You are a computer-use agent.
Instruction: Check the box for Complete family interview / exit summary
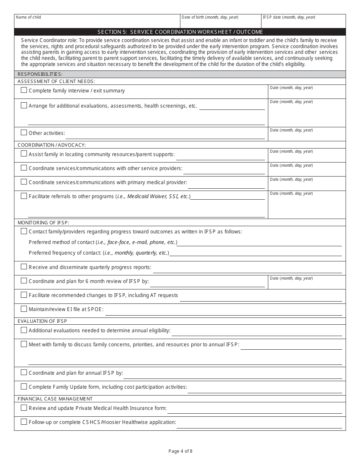[x=24, y=90]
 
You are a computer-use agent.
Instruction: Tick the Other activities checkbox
[x=24, y=133]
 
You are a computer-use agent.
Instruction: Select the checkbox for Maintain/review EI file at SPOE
[x=24, y=309]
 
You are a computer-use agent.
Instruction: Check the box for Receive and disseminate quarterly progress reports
[x=24, y=267]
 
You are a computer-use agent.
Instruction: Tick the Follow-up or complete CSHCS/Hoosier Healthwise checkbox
[x=24, y=422]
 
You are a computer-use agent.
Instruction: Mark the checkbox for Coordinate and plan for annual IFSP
[x=24, y=372]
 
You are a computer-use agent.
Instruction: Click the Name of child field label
[x=28, y=17]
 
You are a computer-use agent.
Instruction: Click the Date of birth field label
[x=210, y=17]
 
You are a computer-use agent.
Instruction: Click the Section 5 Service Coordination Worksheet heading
[x=180, y=32]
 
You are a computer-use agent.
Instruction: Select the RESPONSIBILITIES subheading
[x=40, y=74]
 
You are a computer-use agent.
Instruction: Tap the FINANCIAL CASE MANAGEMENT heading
[x=55, y=399]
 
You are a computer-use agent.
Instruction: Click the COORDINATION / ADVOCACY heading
[x=52, y=145]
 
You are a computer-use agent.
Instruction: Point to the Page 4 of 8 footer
[x=180, y=451]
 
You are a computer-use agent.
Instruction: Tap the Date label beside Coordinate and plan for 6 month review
[x=291, y=278]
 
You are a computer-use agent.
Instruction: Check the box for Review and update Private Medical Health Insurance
[x=24, y=408]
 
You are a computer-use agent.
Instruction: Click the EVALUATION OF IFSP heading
[x=42, y=321]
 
